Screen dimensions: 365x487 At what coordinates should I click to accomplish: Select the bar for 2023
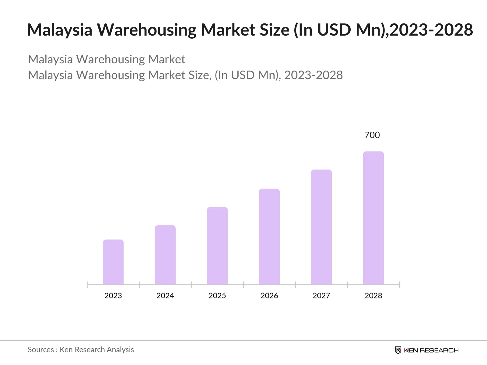(x=113, y=262)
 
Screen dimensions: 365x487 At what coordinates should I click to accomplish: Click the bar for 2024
(x=165, y=255)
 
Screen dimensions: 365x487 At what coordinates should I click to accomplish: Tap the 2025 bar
(x=217, y=246)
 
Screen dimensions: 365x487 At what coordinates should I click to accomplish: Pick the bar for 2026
(x=269, y=237)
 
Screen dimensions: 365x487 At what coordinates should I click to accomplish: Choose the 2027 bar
(x=321, y=227)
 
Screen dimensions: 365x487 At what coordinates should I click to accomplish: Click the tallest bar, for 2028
(x=373, y=218)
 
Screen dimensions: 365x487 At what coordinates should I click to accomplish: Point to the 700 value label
(x=372, y=135)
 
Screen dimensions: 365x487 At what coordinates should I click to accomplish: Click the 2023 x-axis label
(x=113, y=296)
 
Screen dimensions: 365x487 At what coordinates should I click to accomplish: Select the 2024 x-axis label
(x=165, y=296)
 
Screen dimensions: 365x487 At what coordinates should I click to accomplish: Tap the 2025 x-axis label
(x=217, y=296)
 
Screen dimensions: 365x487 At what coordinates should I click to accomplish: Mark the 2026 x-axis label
(x=269, y=296)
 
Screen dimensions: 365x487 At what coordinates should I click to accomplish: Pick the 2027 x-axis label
(x=321, y=296)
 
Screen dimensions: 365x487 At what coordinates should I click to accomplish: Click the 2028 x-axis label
(x=373, y=296)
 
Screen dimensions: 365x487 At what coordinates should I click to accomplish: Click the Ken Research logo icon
(x=398, y=350)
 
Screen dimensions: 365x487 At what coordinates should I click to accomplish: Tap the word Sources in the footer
(x=41, y=350)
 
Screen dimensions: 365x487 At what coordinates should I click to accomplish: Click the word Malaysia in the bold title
(x=60, y=30)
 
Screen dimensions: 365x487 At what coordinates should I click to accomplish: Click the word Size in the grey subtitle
(x=200, y=75)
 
